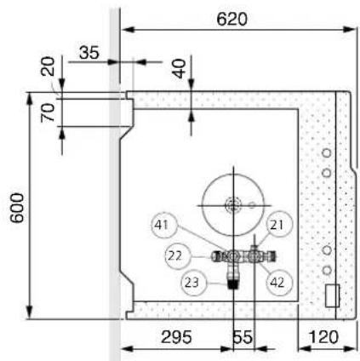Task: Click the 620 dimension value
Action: (x=231, y=20)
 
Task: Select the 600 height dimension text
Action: (x=17, y=208)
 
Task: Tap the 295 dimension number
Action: (x=176, y=337)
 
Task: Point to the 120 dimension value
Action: (x=323, y=337)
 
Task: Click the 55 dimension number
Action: (x=243, y=337)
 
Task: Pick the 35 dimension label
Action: (x=89, y=53)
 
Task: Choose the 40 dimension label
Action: (x=180, y=69)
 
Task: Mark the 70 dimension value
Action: (x=48, y=112)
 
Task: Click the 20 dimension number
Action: (x=48, y=66)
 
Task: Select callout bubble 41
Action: (x=164, y=225)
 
